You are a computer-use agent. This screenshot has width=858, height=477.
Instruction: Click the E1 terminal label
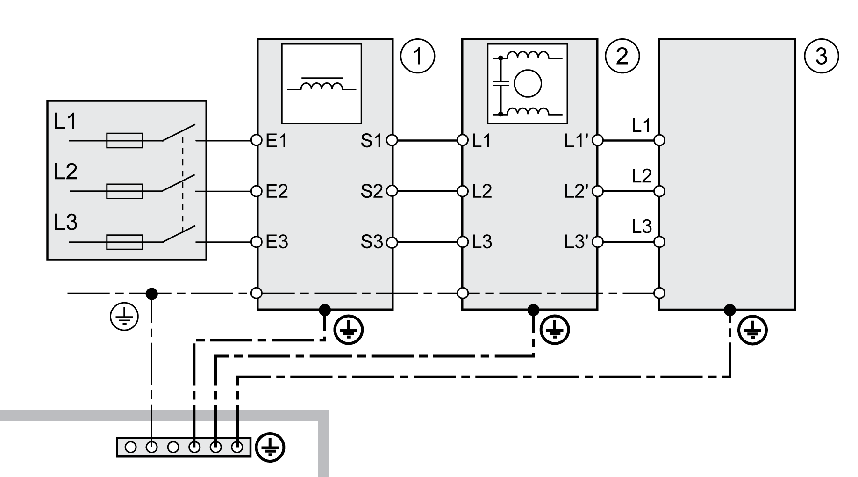(x=276, y=141)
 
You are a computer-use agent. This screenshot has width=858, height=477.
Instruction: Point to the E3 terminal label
(x=277, y=242)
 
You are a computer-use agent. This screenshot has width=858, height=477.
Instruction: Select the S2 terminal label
(x=372, y=191)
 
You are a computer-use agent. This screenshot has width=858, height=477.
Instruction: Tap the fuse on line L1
(x=124, y=140)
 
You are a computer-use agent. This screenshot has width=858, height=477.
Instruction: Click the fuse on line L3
(x=124, y=242)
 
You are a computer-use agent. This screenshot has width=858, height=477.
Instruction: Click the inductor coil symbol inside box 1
(x=321, y=86)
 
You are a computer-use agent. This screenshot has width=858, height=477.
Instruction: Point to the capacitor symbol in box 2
(x=500, y=85)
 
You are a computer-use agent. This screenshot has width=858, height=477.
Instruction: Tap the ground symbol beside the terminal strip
(x=270, y=448)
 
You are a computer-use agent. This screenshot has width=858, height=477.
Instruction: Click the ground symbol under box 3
(x=752, y=331)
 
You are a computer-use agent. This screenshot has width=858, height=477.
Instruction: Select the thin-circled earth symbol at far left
(x=124, y=317)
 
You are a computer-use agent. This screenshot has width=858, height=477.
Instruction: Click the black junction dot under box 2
(x=533, y=310)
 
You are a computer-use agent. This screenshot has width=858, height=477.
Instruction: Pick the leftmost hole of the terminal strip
(x=131, y=448)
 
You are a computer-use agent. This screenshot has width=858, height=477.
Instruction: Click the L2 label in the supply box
(x=65, y=172)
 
